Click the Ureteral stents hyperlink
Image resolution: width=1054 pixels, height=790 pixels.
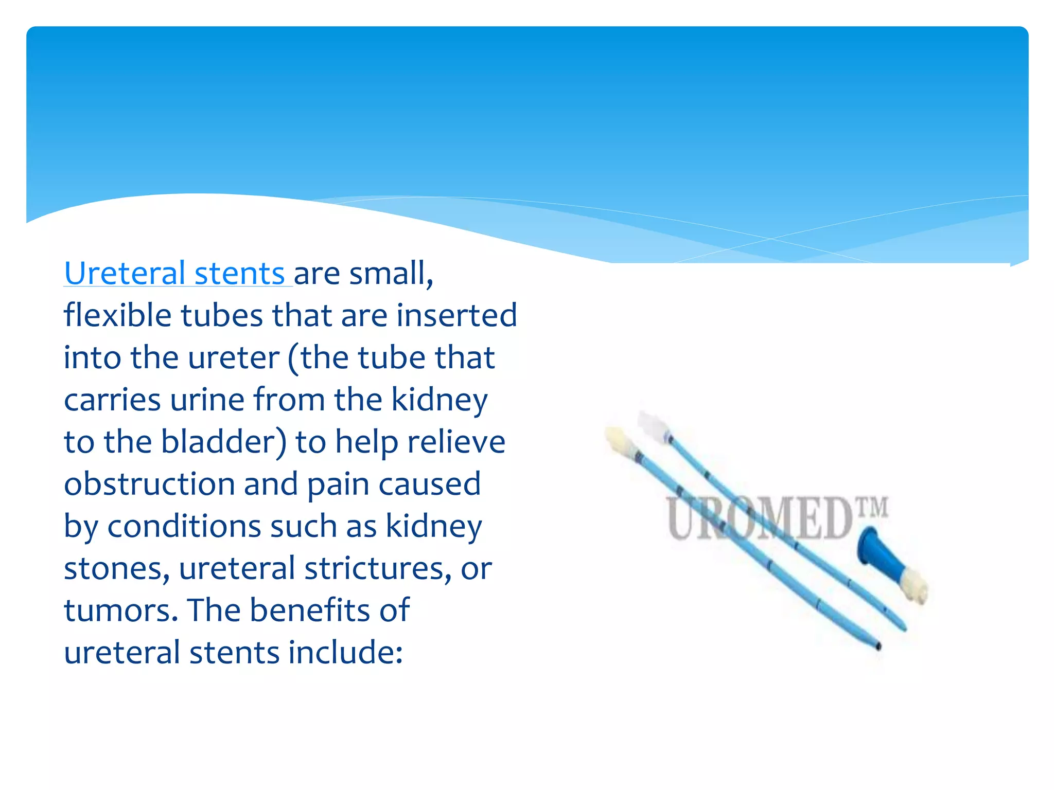coord(175,274)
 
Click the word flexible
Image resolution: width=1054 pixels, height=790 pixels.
coord(117,316)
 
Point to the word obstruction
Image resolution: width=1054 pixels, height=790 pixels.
coord(149,484)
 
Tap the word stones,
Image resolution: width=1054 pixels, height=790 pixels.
coord(116,569)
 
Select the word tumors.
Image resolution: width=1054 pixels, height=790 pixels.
coord(120,611)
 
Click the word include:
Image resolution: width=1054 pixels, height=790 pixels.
coord(345,653)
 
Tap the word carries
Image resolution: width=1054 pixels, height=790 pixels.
coord(112,400)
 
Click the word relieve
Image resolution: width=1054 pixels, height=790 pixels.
coord(456,442)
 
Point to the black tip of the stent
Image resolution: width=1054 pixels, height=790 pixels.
coord(878,646)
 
